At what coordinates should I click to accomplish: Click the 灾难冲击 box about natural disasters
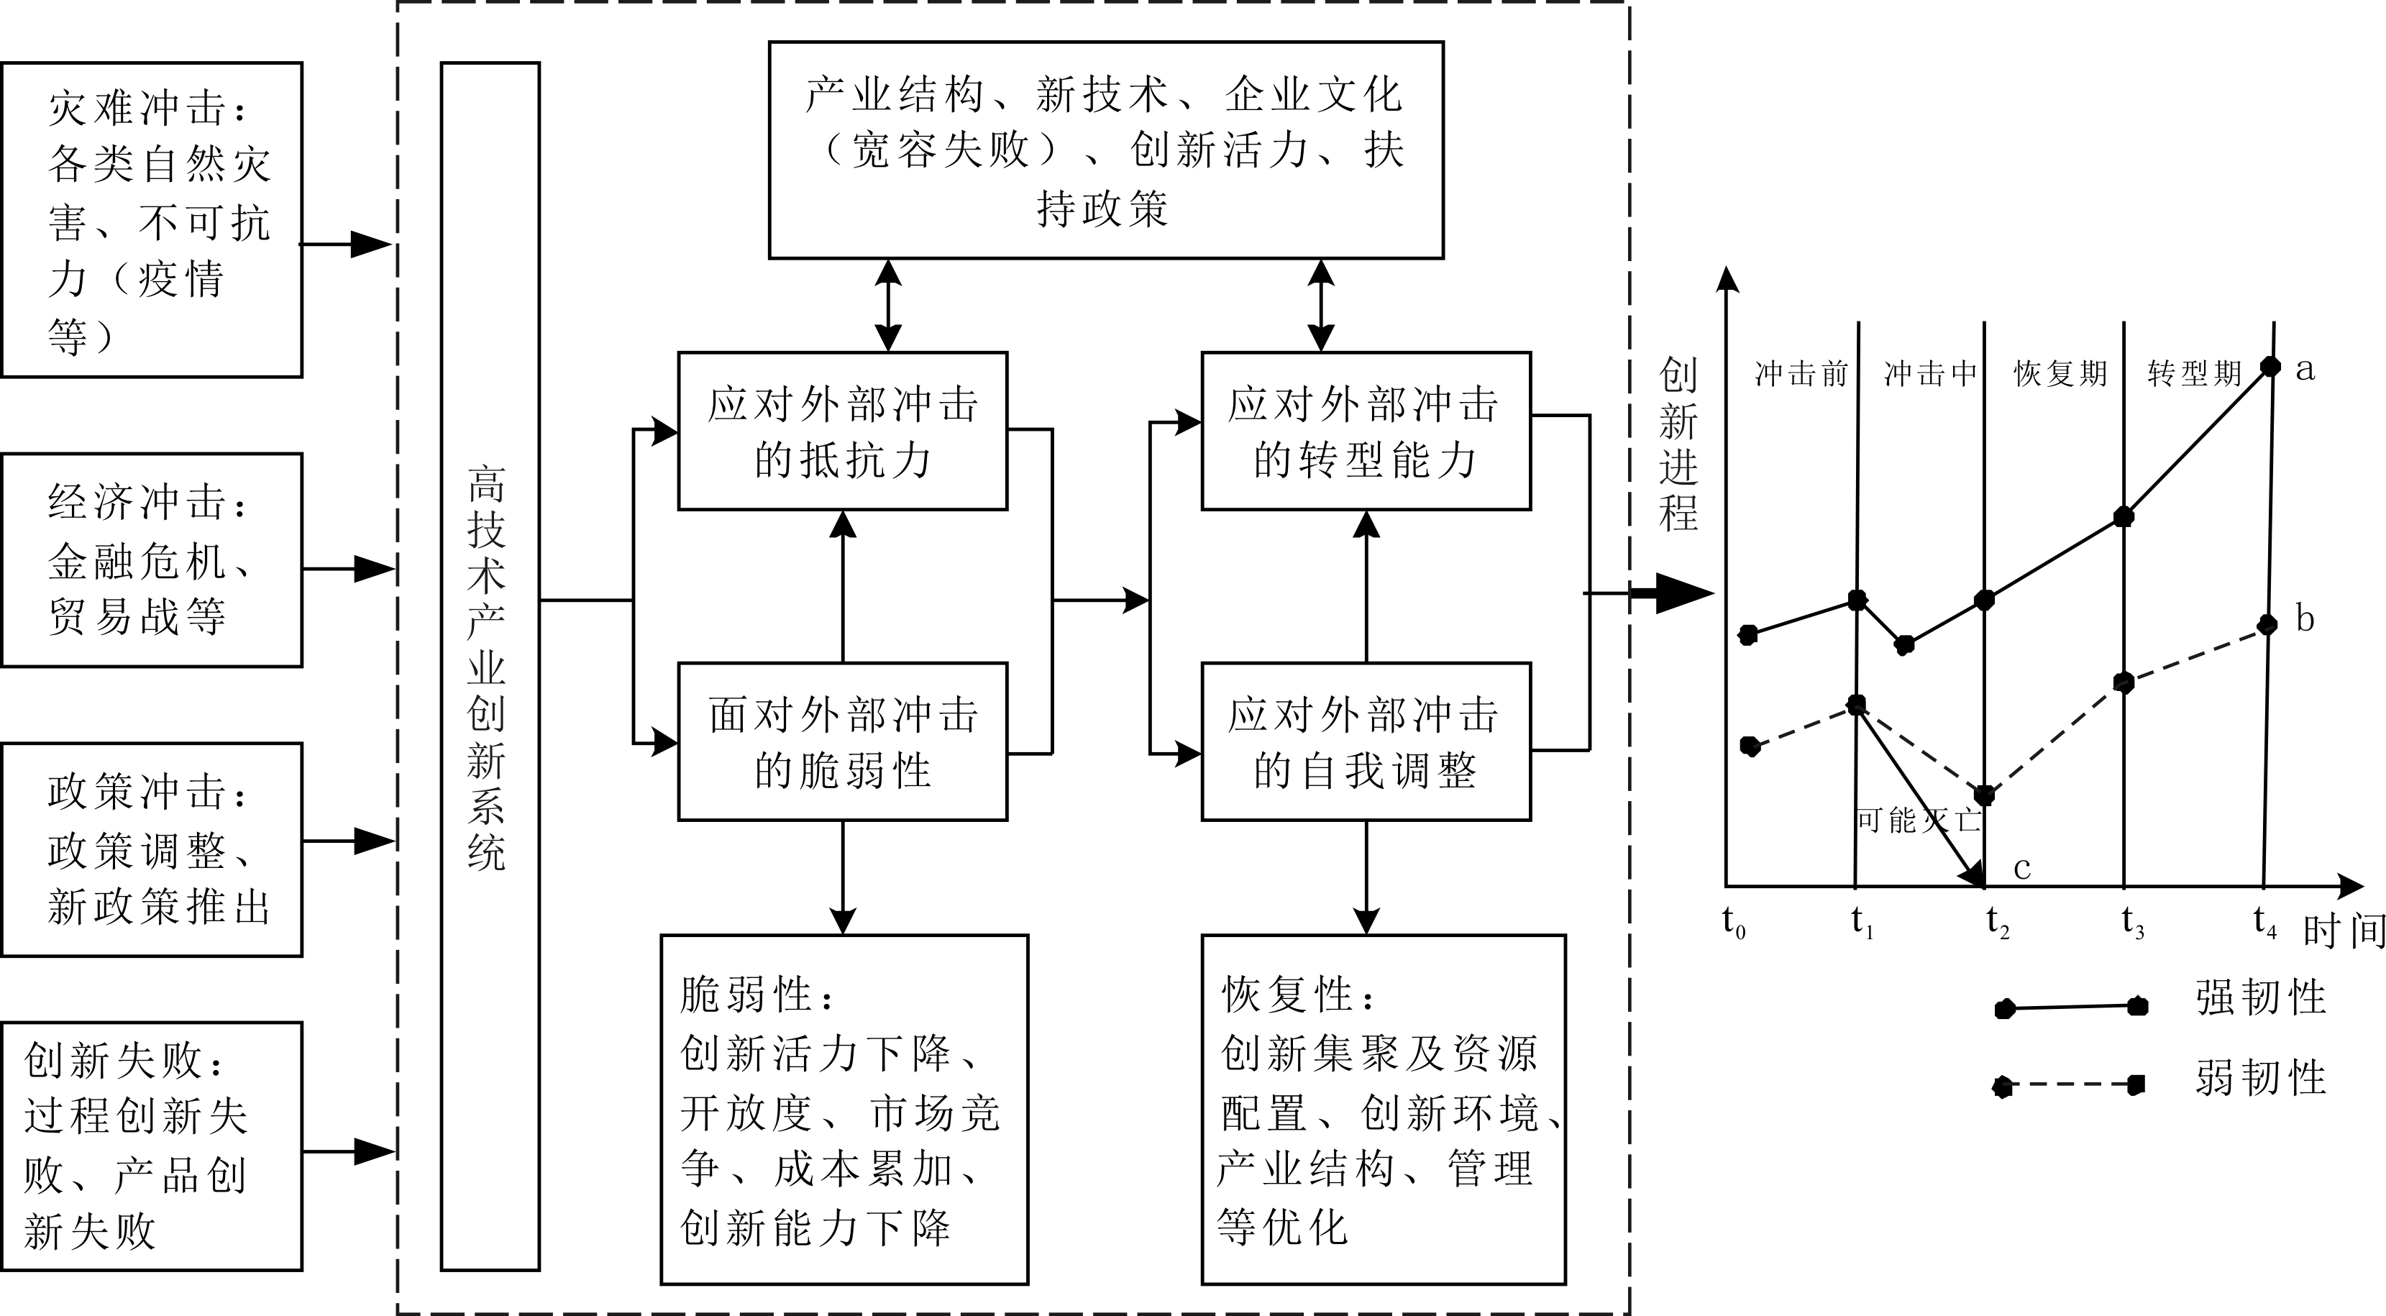152,219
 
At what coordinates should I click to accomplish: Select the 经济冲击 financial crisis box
152,559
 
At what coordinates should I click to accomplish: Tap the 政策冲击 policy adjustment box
152,849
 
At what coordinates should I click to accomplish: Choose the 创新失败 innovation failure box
152,1146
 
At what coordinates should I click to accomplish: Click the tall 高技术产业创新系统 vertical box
490,666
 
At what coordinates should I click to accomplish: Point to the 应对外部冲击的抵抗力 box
842,431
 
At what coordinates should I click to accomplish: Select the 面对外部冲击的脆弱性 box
842,741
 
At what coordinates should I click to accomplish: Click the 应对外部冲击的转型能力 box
1366,431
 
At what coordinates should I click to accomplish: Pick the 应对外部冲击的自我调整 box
1366,741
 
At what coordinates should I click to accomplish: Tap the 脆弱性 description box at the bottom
844,1109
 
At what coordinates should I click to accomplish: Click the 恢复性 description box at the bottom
1383,1109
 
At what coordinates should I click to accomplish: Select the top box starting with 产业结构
1105,150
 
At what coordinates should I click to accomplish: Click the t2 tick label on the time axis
1997,923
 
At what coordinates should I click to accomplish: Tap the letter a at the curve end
2305,369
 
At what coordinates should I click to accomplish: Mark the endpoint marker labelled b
2267,625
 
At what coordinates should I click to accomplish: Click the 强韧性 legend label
2260,997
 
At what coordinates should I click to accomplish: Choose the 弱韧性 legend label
2260,1078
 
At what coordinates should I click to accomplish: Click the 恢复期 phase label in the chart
2060,373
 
